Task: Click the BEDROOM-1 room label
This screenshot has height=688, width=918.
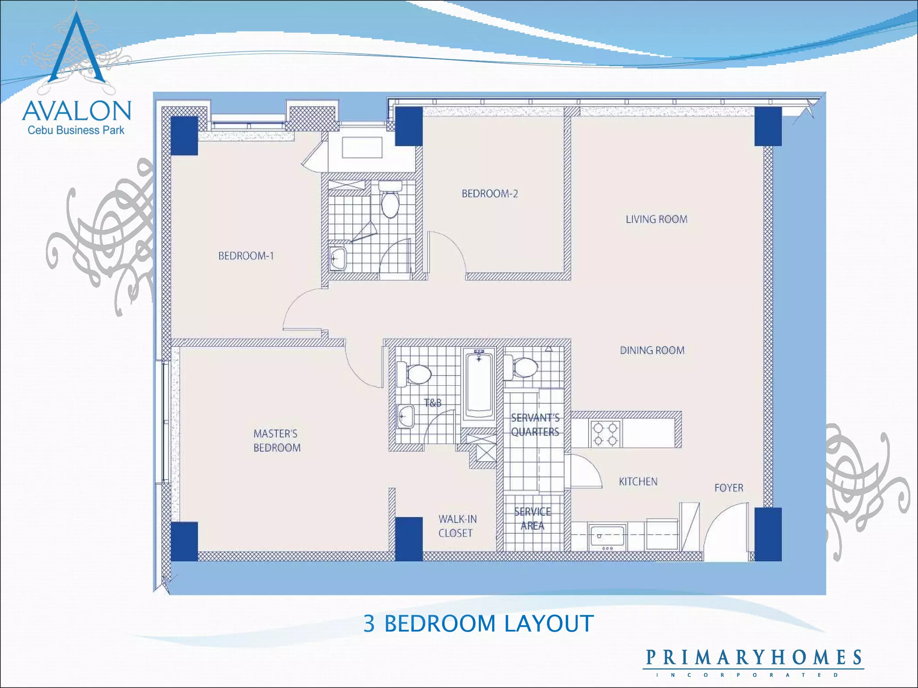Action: click(246, 256)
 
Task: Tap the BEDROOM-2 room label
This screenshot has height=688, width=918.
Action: click(489, 193)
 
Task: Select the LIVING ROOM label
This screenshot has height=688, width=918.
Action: click(656, 219)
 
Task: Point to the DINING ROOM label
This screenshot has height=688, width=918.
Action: click(652, 350)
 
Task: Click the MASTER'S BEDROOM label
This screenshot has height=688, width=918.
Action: click(277, 440)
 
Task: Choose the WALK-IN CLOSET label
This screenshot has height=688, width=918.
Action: click(457, 526)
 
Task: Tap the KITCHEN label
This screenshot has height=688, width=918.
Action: click(638, 482)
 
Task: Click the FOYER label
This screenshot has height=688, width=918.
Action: click(728, 488)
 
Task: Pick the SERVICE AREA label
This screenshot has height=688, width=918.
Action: click(533, 519)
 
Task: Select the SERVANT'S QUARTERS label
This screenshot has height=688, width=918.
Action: click(535, 425)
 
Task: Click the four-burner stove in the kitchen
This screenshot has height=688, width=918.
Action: click(605, 434)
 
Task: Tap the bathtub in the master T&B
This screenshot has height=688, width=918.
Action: click(479, 384)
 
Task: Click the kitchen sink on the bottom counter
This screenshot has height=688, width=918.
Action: click(607, 537)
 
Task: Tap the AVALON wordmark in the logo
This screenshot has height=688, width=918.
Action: click(77, 111)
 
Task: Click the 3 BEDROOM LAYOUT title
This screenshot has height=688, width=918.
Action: click(478, 623)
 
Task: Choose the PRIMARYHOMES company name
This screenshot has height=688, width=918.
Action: click(753, 658)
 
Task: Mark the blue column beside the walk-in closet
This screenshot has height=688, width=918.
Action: click(408, 539)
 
